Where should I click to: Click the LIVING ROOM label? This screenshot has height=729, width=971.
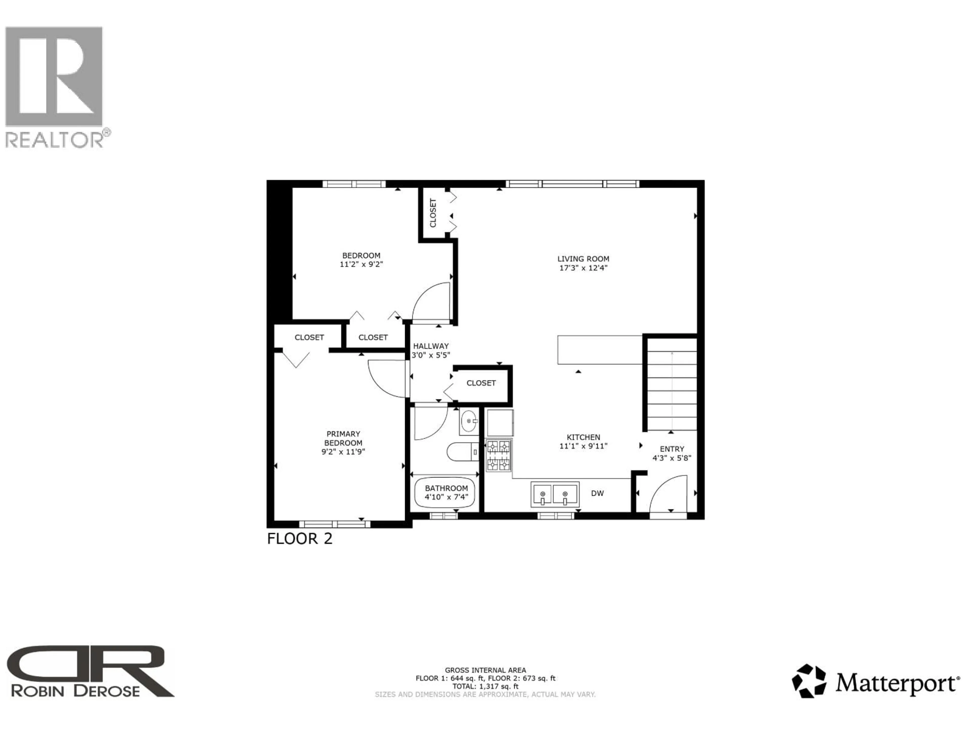point(583,259)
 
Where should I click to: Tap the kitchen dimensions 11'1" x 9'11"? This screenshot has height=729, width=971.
point(583,446)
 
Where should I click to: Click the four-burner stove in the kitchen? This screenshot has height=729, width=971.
point(499,455)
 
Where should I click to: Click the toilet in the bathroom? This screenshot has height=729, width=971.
point(462,451)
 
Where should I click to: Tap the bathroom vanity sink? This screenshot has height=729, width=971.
point(469,421)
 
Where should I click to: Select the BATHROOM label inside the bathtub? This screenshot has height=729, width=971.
point(446,488)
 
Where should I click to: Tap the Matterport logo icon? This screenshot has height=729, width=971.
point(809,681)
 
